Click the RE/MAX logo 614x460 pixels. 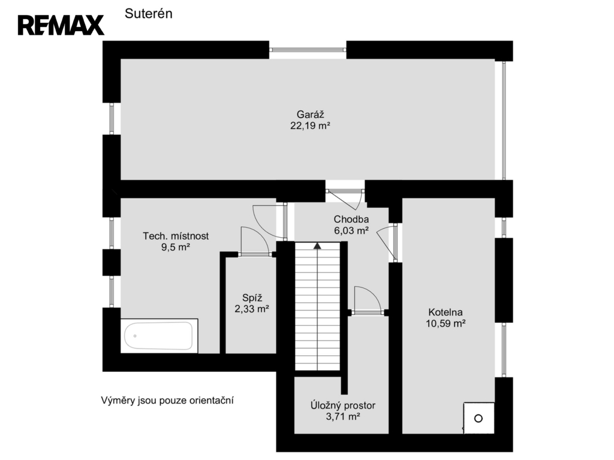point(61,25)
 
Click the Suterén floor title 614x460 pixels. point(149,14)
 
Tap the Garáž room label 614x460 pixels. point(310,114)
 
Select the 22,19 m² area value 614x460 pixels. point(310,126)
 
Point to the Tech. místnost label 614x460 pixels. point(176,236)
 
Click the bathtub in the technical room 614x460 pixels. point(159,336)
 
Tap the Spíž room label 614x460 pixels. point(252,298)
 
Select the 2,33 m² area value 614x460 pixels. point(252,309)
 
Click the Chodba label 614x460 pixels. point(351,219)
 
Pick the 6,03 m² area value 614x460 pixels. point(351,231)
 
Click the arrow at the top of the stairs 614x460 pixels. point(317,246)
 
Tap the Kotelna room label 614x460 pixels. point(446,312)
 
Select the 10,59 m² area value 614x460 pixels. point(446,323)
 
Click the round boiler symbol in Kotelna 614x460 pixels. point(478,419)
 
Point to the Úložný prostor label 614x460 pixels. point(343,405)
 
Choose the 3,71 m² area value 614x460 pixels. point(343,417)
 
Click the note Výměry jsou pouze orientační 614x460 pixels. point(167,401)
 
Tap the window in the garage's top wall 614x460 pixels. point(308,50)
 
